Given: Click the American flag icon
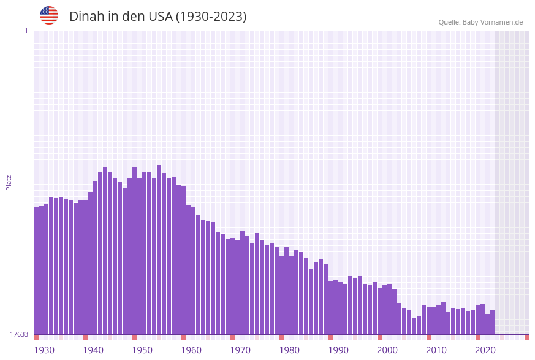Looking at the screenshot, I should [49, 15].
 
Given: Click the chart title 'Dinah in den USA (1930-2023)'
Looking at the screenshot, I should [157, 17].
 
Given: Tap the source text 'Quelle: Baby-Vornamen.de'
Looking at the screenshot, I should [480, 22].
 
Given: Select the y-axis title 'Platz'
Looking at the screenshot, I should [9, 182].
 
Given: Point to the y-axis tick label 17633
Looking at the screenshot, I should [19, 334].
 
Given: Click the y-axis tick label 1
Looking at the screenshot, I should [26, 31].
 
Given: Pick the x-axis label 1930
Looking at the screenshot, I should [44, 350].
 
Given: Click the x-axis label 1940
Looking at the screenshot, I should [93, 350].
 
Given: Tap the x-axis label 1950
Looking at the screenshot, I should [142, 350].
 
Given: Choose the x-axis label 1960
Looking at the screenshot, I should [191, 350].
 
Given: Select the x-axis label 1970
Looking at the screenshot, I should [240, 350].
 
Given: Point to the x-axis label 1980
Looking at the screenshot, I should [289, 350].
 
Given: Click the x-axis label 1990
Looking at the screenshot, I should [338, 350].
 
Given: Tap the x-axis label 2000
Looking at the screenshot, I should [387, 350].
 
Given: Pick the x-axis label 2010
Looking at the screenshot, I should [436, 350].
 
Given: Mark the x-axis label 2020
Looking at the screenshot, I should [485, 350].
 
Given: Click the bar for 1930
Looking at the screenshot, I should [37, 270].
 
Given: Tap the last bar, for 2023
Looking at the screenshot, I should [493, 322].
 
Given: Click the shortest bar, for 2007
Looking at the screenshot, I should [414, 326].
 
